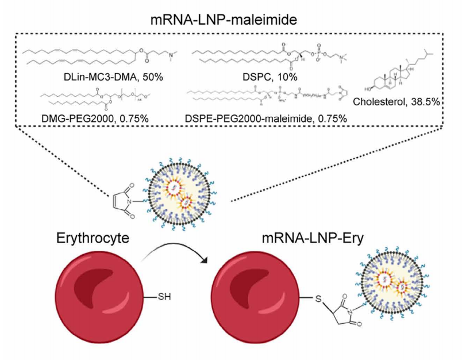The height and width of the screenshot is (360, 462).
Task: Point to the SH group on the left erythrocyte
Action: [x=164, y=297]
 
